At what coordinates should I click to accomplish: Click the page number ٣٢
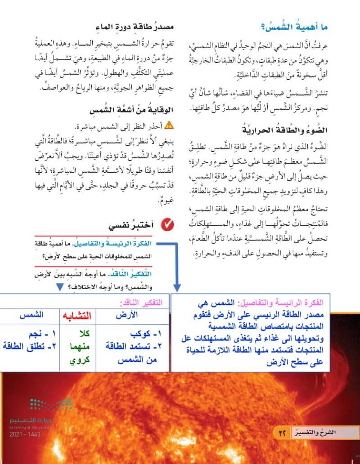pyautogui.click(x=283, y=433)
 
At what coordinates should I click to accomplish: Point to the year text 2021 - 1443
pyautogui.click(x=25, y=435)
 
